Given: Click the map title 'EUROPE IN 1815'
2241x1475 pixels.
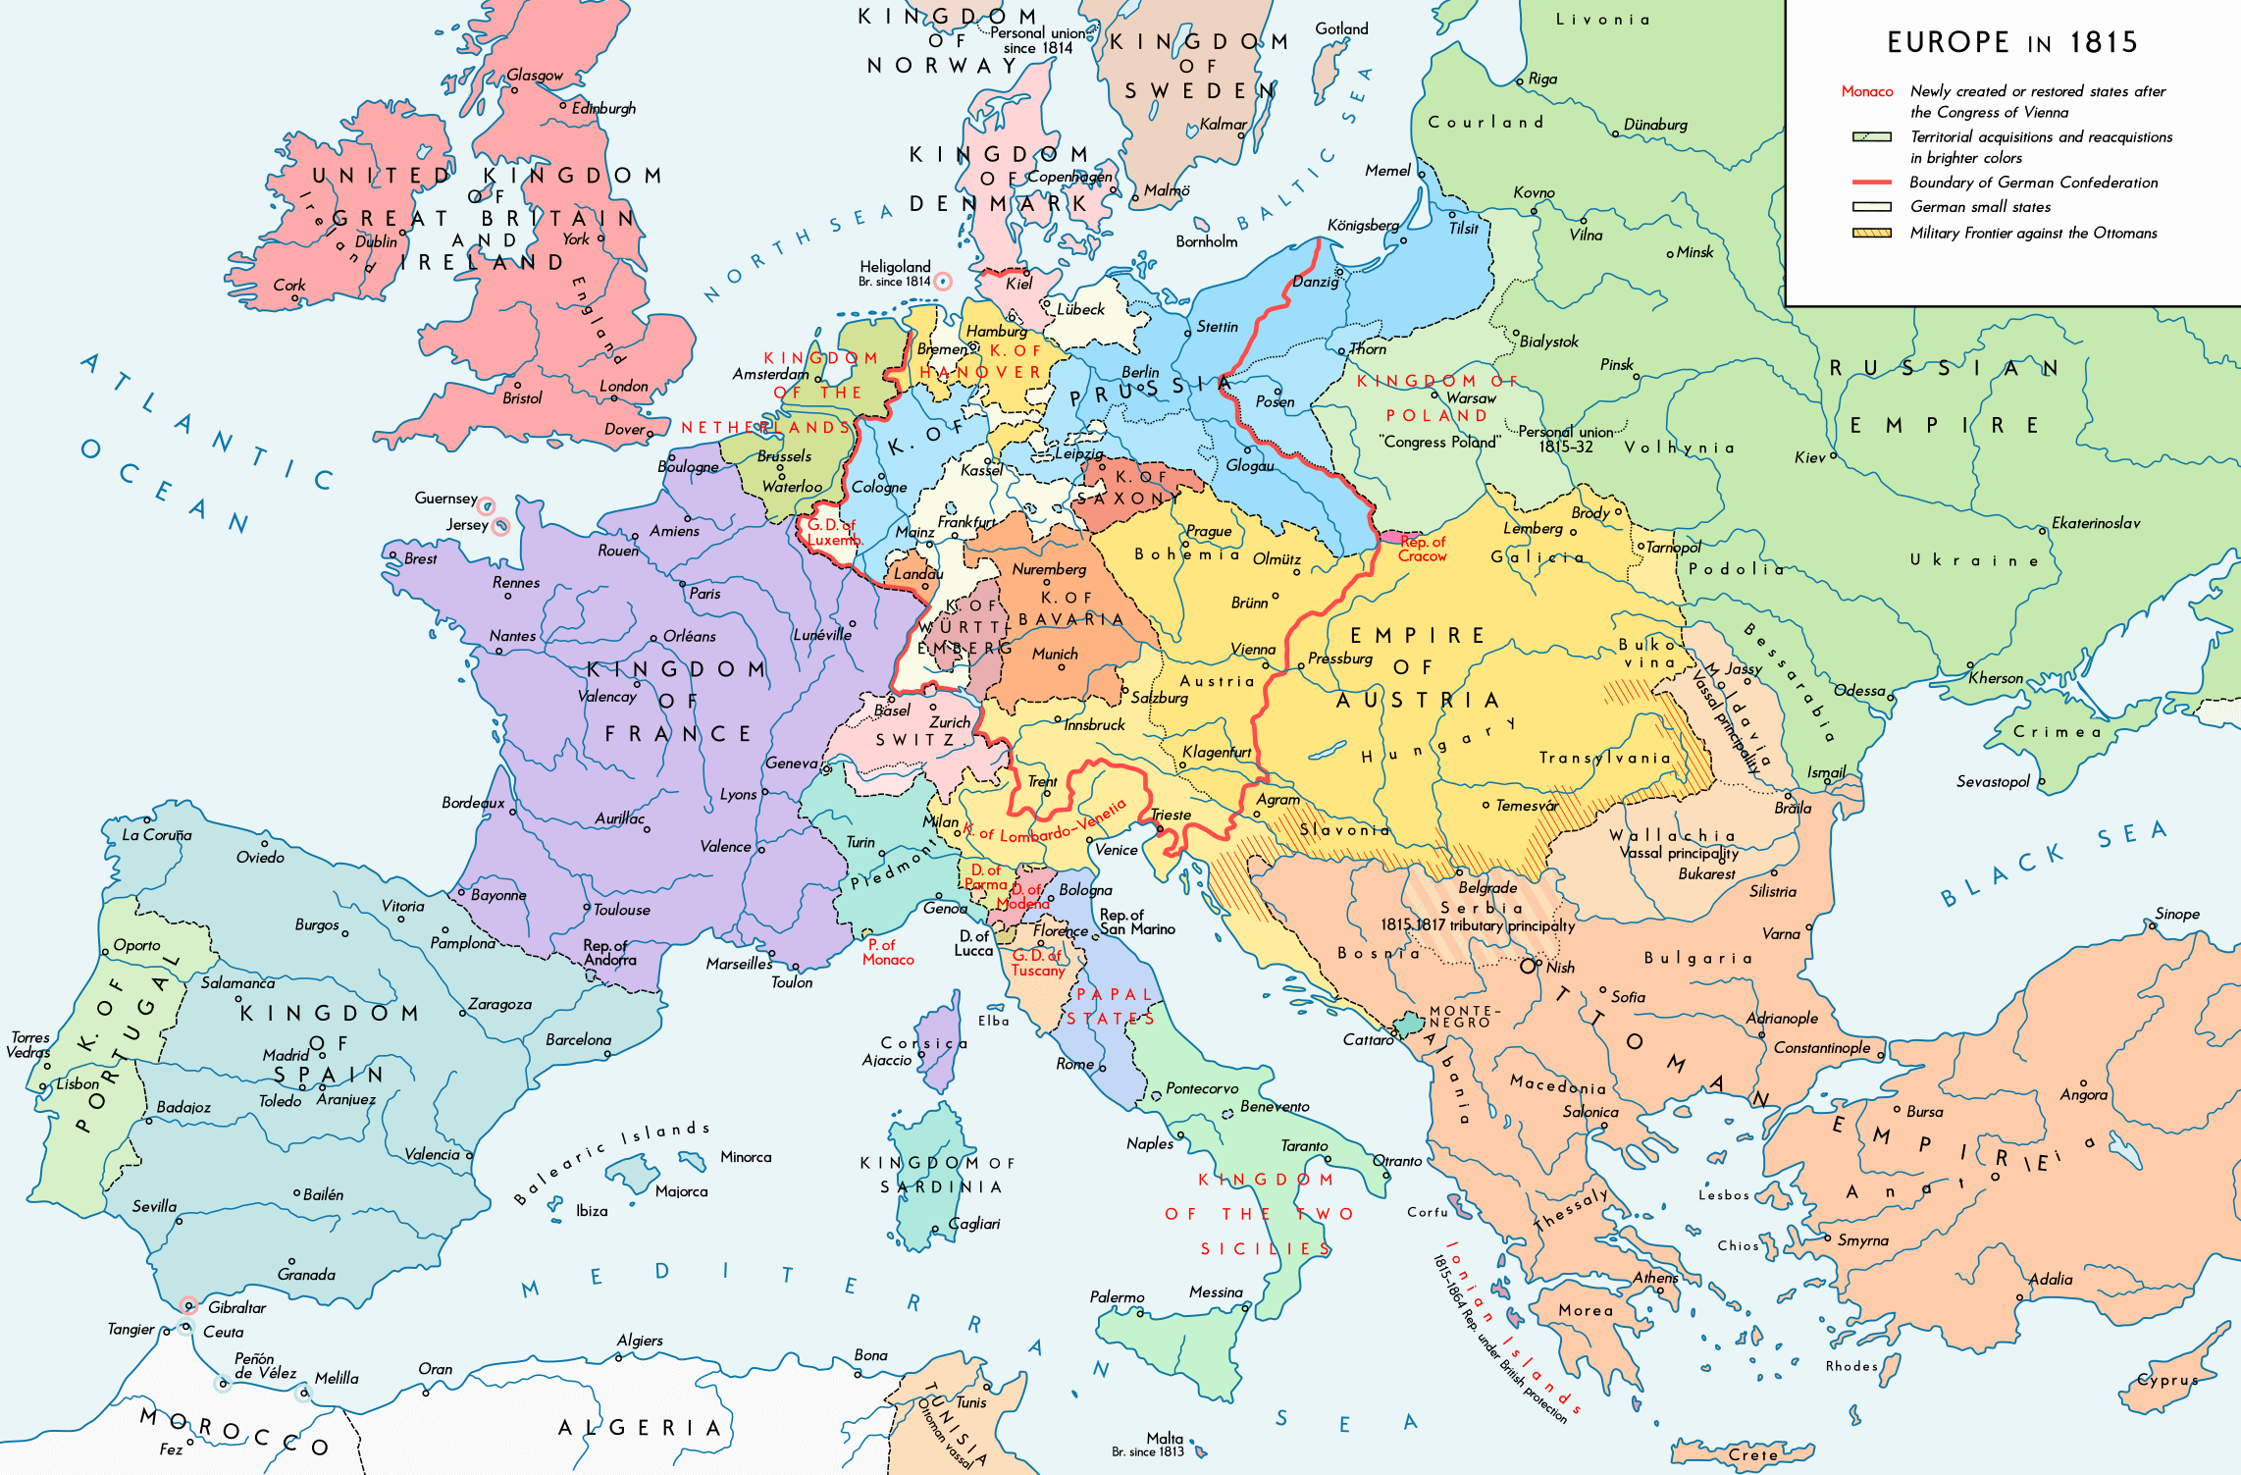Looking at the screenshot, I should coord(2011,42).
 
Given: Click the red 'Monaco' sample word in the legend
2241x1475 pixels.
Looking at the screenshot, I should coord(1866,91).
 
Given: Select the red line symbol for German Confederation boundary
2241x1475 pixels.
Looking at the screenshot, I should coord(1871,183).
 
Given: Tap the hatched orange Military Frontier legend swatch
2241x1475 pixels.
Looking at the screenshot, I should coord(1871,233).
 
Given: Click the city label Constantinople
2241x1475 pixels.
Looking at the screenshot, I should coord(1821,1047).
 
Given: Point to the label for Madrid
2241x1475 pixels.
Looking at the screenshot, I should coord(286,1055).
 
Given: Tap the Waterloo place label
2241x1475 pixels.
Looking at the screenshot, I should coord(792,487).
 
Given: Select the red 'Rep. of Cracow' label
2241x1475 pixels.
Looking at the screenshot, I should coord(1422,549).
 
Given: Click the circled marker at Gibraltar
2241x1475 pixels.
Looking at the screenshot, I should coord(189,1305).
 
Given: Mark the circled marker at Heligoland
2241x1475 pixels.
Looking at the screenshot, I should coord(942,282).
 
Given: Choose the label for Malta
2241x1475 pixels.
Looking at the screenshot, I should coord(1164,1438).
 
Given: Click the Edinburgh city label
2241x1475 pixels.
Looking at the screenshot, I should coord(603,108).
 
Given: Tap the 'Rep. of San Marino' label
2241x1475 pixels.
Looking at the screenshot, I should coord(1136,922).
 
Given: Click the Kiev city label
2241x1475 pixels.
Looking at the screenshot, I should coord(1809,457).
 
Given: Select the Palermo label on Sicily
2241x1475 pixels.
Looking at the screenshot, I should coord(1117,1296).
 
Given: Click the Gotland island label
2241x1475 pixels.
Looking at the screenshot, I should coord(1341,28).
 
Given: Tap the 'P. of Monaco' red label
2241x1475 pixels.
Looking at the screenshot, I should coord(887,952).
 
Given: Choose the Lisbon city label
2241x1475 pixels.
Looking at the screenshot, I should coord(78,1083).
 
